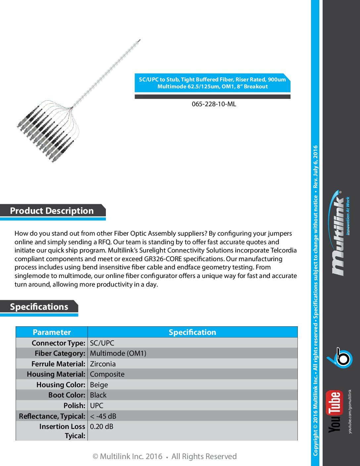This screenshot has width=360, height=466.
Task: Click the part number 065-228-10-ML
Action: pos(214,104)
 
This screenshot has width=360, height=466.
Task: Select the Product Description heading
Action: pos(52,211)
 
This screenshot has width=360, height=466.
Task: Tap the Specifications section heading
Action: pos(39,307)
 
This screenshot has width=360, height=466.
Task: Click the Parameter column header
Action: pos(52,332)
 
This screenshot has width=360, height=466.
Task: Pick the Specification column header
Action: pos(192,332)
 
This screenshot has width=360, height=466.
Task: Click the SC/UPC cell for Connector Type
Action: pos(102,343)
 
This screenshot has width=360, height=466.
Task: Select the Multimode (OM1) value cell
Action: pos(118,353)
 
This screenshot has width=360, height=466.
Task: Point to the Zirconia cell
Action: pos(103,364)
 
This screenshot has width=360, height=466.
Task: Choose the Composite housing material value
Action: pos(107,374)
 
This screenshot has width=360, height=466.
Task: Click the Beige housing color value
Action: pos(99,385)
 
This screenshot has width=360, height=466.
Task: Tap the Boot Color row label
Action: pos(67,395)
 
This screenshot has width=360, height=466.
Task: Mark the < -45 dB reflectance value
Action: pos(103,416)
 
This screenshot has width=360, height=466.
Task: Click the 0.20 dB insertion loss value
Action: pos(102,426)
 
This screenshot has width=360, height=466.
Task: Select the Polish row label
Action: pos(74,405)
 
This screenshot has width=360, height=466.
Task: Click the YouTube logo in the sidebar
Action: pos(335,411)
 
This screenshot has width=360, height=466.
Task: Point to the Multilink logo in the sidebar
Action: pos(339,233)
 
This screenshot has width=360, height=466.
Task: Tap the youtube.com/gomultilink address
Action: pos(350,411)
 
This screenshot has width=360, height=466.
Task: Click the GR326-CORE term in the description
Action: pos(163,259)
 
